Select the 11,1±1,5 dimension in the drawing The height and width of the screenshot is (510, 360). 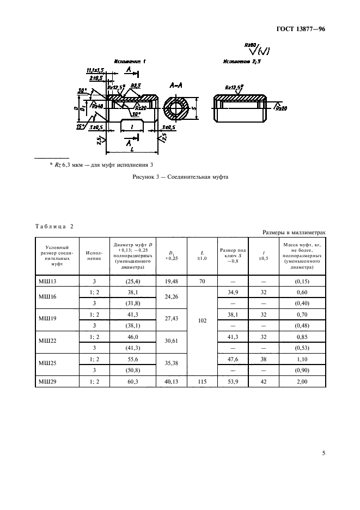pos(95,71)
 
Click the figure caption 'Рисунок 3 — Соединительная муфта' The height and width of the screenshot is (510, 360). pos(180,177)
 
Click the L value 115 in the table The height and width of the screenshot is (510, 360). pos(203,382)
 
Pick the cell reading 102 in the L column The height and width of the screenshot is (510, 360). pos(203,321)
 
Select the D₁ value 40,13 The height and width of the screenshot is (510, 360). pos(171,382)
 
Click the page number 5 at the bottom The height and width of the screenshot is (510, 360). pos(324,452)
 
